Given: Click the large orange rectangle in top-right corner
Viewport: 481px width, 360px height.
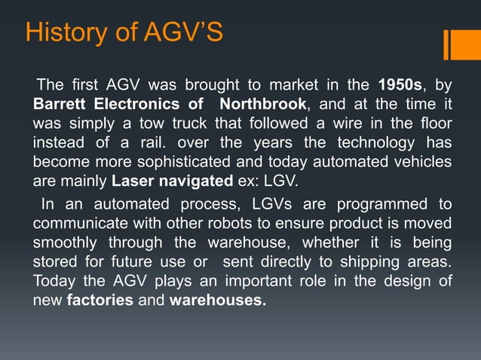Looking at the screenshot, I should [x=461, y=44].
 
